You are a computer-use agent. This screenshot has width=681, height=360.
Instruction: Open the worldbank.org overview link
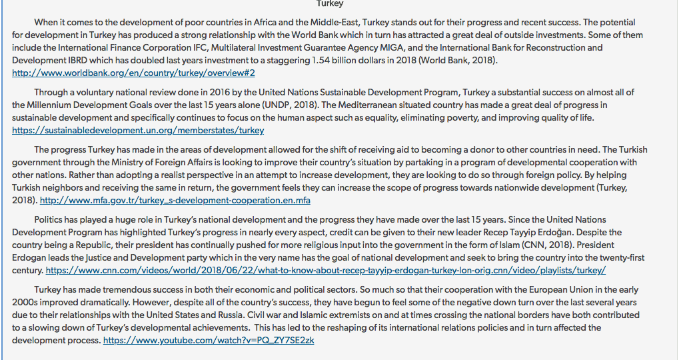(133, 73)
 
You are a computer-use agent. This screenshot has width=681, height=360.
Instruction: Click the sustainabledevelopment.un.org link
(138, 131)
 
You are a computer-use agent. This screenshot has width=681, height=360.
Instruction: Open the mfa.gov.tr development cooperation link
(175, 200)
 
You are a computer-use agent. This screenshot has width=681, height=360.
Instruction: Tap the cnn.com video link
(325, 270)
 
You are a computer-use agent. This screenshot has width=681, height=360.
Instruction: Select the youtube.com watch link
(209, 340)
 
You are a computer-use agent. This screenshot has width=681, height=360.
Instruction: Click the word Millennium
(55, 105)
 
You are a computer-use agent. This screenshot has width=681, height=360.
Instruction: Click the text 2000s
(25, 302)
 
